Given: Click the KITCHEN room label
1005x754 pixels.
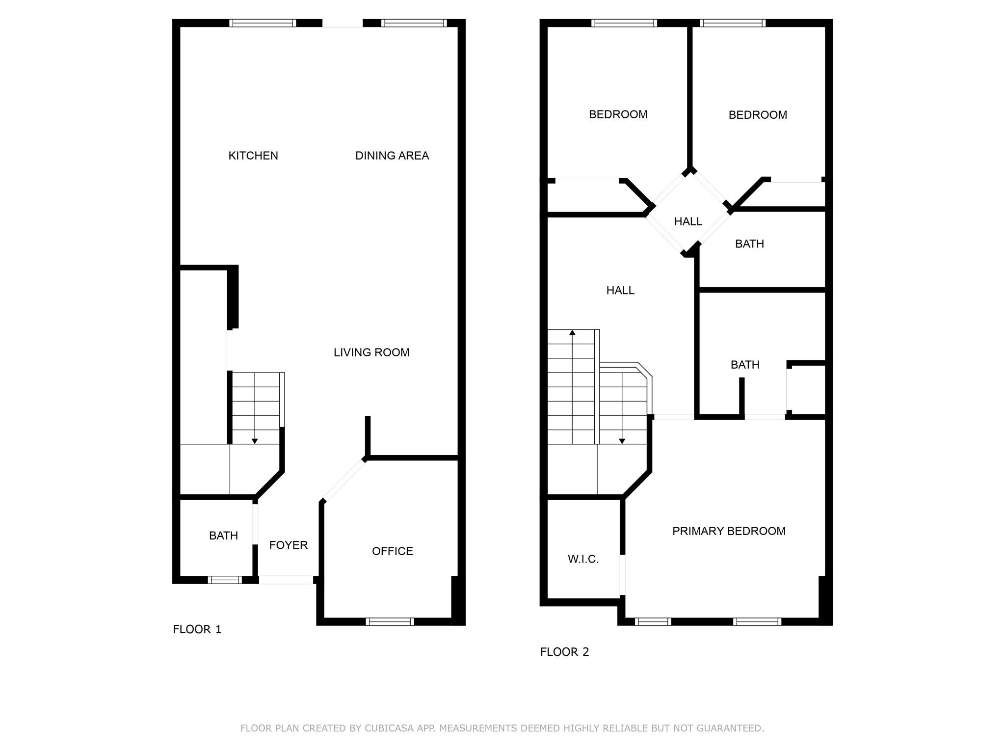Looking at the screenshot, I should (253, 156).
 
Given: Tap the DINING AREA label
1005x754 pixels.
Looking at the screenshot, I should (392, 156).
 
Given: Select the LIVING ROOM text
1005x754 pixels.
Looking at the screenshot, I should (371, 352).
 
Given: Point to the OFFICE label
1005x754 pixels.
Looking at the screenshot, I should (393, 551).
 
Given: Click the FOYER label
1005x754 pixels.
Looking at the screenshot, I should (289, 545).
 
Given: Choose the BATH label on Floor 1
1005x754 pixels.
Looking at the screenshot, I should (223, 536).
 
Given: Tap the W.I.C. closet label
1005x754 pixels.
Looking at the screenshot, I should (583, 559).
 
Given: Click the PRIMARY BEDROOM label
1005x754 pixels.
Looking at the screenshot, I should (729, 531).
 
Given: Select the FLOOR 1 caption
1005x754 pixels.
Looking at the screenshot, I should (197, 629).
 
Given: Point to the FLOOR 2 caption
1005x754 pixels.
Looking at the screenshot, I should (564, 652).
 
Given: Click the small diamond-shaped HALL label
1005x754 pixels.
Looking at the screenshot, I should (688, 221).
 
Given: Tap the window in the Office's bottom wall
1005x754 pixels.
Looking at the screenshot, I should (390, 621).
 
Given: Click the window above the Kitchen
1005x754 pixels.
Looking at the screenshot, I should (263, 23).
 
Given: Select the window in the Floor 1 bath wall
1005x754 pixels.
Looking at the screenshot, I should (225, 580).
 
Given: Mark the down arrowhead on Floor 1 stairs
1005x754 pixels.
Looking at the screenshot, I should (255, 441).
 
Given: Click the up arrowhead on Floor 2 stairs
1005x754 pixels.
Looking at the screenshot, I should (572, 333).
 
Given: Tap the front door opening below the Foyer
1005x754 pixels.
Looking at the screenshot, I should (286, 580).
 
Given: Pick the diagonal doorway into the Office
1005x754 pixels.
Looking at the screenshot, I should (343, 480).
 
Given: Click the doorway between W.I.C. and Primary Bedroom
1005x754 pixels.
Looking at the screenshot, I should (623, 575).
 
